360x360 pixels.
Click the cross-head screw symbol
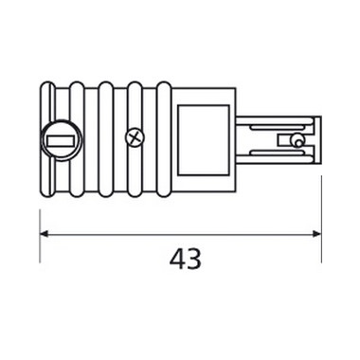click(x=135, y=138)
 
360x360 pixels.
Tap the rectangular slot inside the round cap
click(x=61, y=140)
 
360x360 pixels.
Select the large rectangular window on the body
click(x=204, y=140)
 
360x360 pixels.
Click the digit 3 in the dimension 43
click(x=193, y=259)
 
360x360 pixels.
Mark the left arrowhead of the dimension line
click(x=44, y=234)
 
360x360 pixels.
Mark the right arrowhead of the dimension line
click(x=316, y=234)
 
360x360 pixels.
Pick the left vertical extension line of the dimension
click(x=40, y=236)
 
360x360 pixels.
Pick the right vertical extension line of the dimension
click(x=321, y=220)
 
